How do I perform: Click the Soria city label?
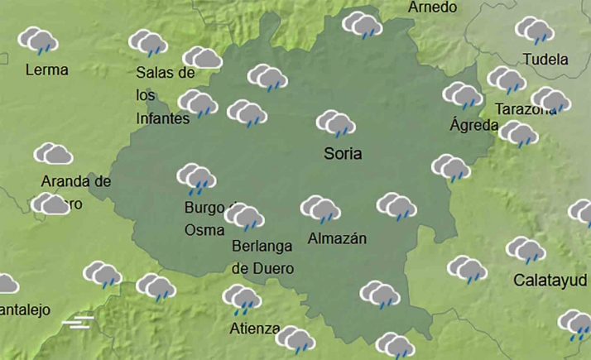click(344, 153)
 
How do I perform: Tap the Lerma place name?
click(46, 70)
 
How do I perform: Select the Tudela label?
click(545, 60)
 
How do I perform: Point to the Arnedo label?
click(432, 7)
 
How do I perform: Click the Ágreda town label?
click(473, 126)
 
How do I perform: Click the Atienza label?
click(254, 329)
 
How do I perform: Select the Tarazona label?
click(524, 109)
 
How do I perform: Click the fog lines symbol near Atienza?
click(77, 321)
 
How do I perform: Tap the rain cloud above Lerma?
click(37, 40)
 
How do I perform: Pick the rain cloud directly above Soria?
click(335, 123)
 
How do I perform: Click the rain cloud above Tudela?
click(534, 31)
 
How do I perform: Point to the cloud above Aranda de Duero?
click(53, 154)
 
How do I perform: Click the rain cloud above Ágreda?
click(462, 95)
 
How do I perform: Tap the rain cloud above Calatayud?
click(526, 250)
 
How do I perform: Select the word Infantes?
click(162, 118)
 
